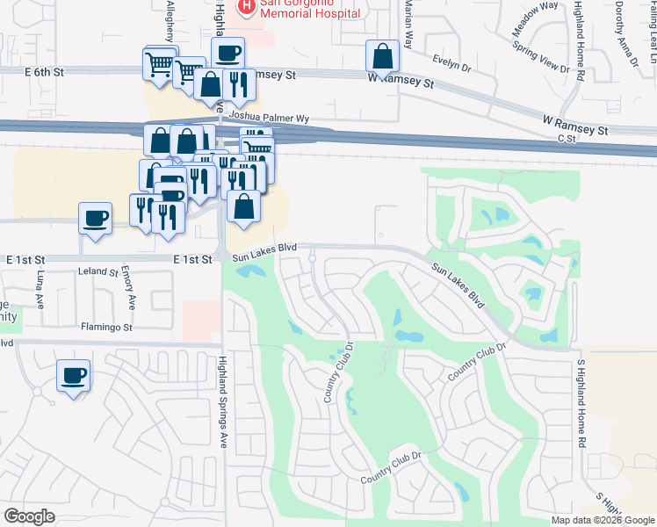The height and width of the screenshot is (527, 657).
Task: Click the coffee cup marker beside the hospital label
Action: coord(228,54)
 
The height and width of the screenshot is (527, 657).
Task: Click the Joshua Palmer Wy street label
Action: coord(269,116)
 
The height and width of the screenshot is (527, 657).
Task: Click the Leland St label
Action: coord(98,272)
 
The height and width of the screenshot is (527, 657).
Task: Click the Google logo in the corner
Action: coord(29,516)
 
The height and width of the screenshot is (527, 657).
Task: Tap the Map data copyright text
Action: coord(603,520)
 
